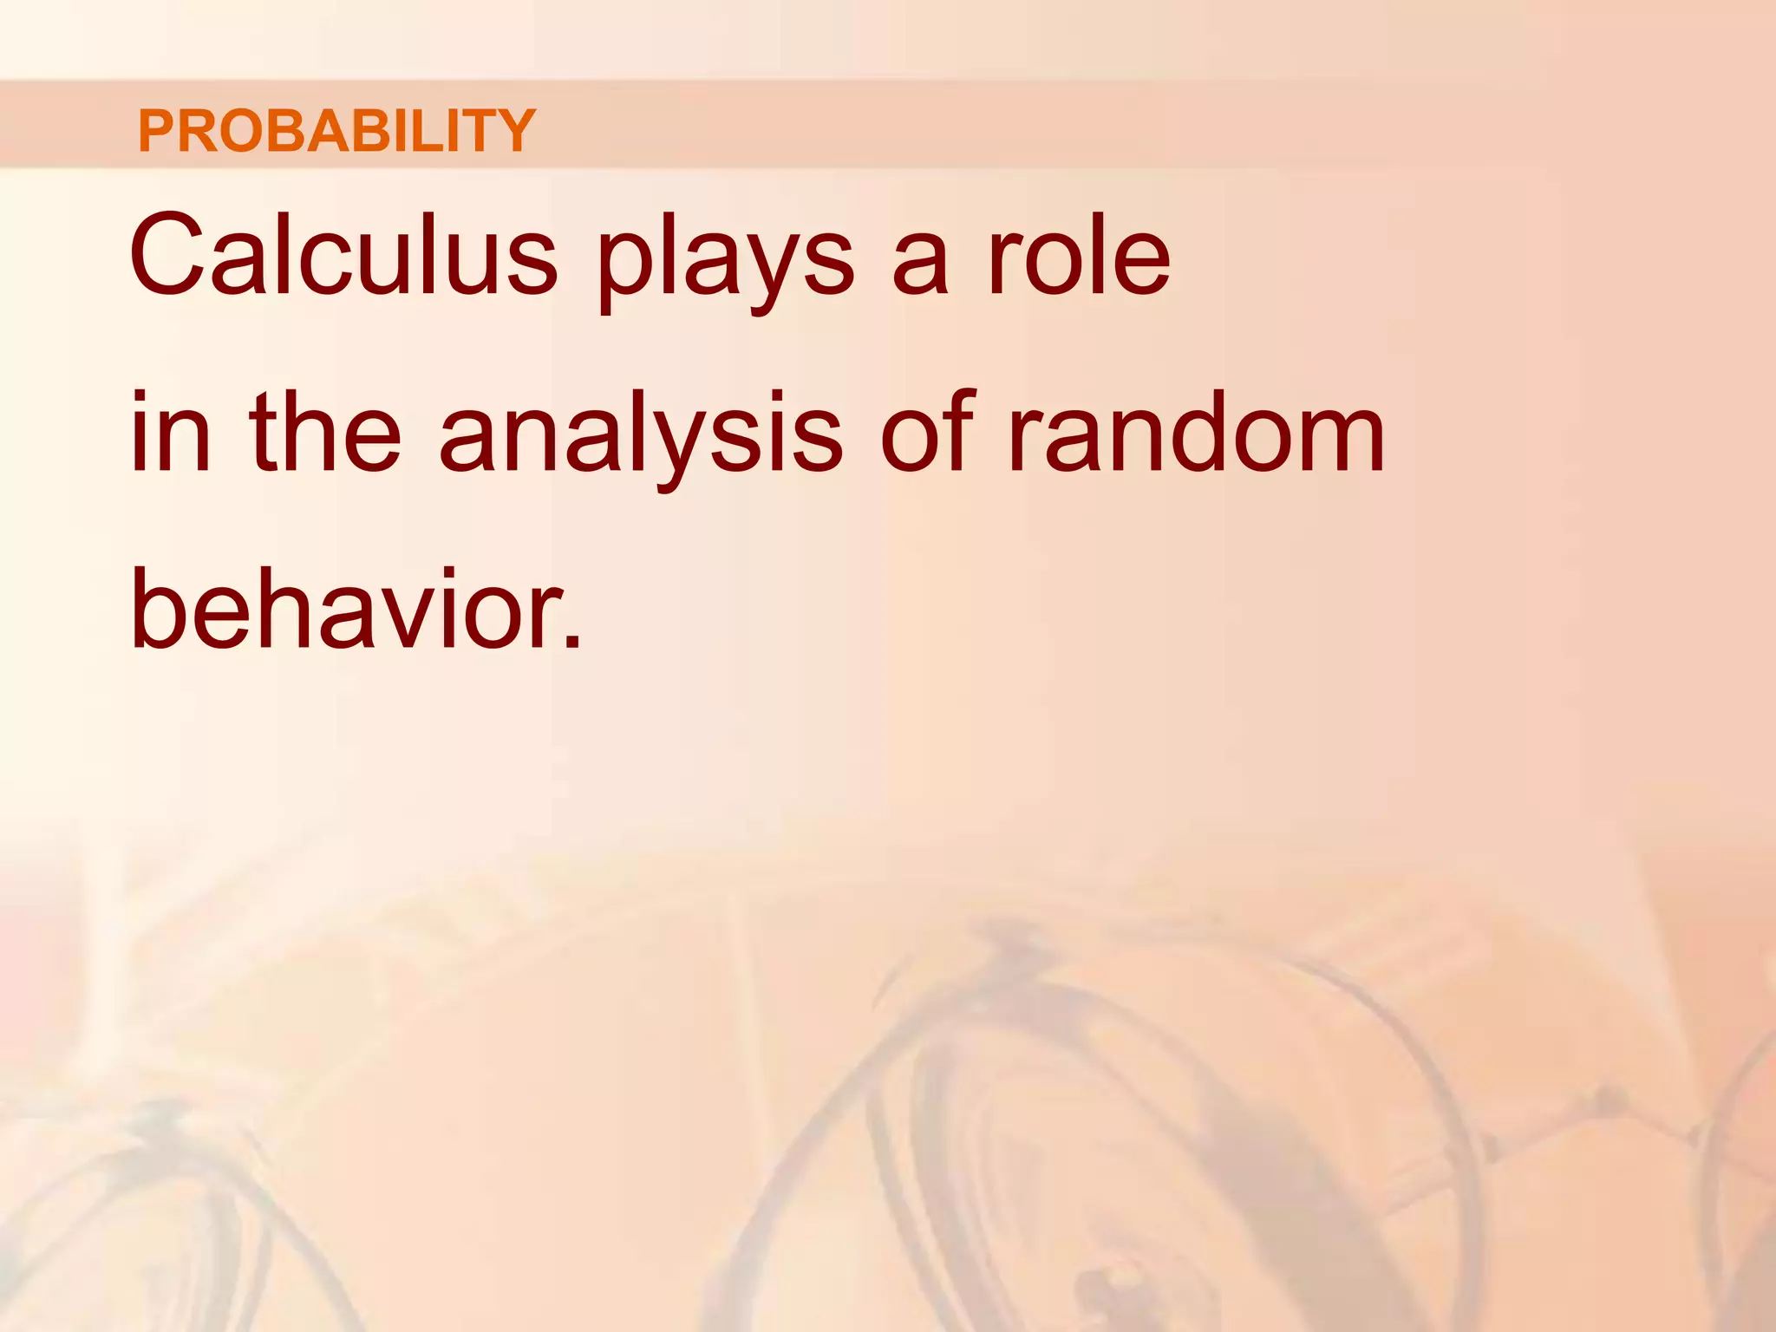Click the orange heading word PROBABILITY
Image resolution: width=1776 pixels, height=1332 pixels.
point(336,131)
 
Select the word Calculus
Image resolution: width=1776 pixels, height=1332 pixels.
point(343,255)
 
